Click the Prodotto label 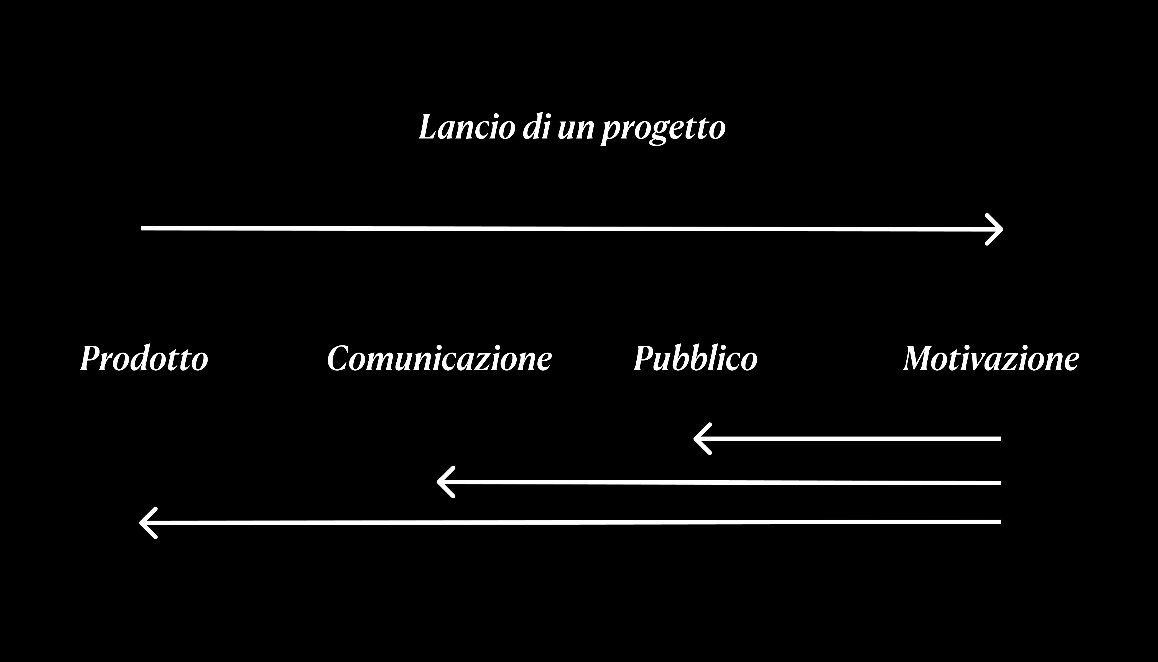coord(144,359)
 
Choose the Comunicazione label coord(439,359)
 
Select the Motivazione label coord(991,359)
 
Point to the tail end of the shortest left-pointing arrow coord(999,439)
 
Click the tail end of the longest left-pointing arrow coord(999,522)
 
